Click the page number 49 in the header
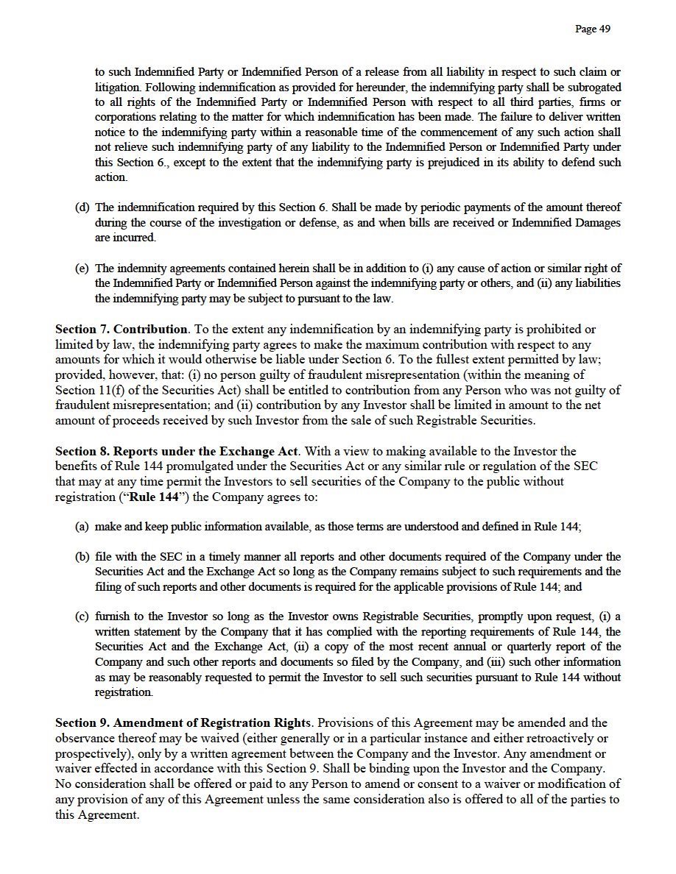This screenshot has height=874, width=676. (x=592, y=29)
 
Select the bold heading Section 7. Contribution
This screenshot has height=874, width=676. (x=122, y=329)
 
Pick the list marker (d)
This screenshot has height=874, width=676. (x=82, y=207)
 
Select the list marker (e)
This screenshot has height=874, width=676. (x=82, y=269)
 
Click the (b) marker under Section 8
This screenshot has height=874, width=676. (x=82, y=557)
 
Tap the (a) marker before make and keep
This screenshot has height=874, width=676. (x=82, y=527)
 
